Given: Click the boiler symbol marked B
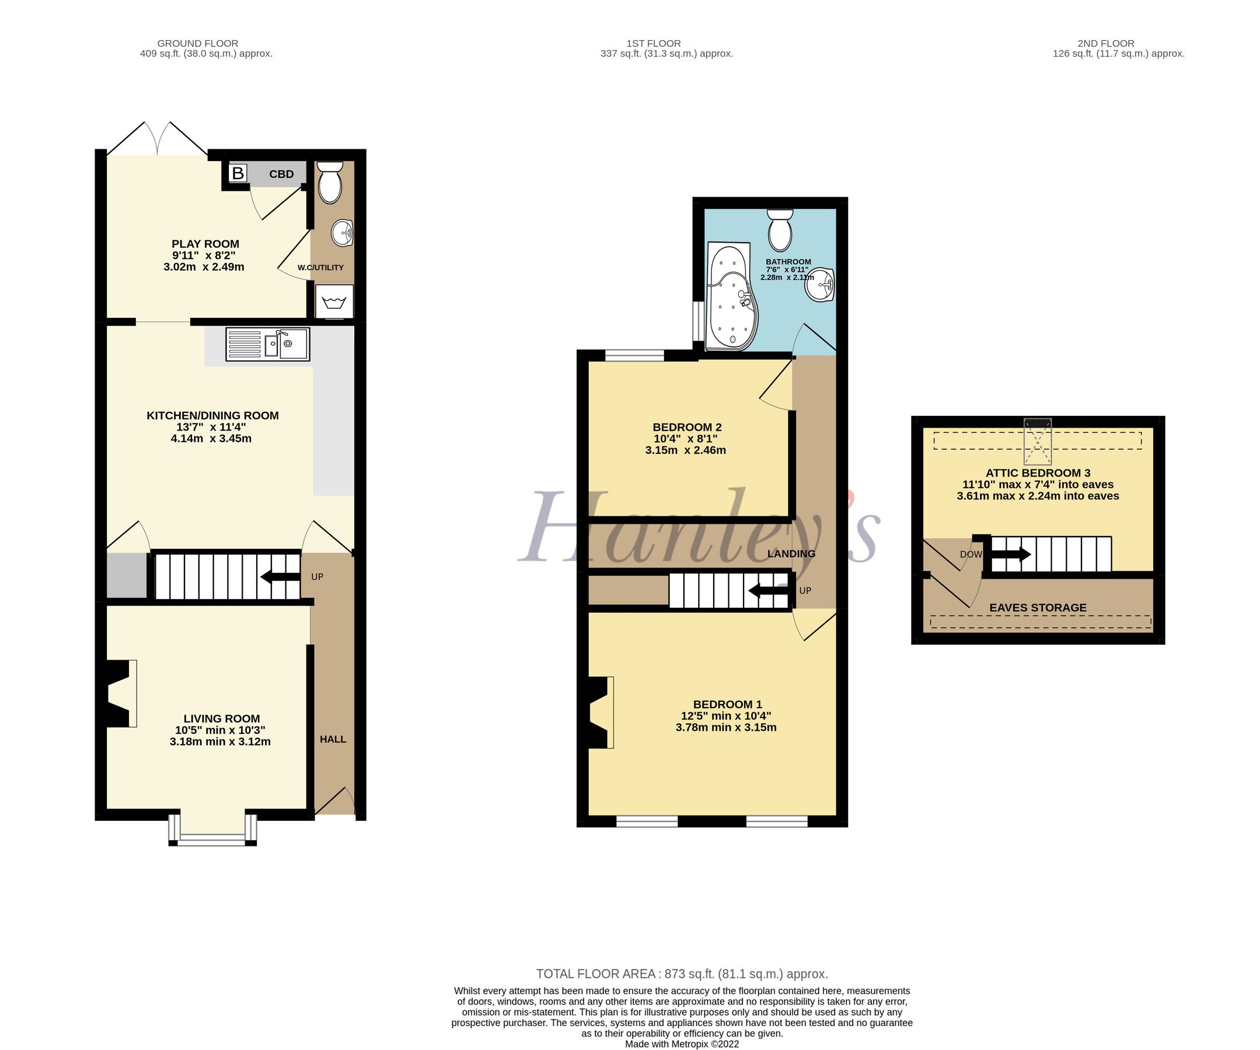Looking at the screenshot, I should tap(238, 173).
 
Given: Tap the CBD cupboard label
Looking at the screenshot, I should tap(281, 174).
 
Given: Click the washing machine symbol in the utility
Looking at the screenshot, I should tap(334, 301).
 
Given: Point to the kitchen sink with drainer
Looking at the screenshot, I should tap(268, 344).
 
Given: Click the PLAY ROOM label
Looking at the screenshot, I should tap(205, 243).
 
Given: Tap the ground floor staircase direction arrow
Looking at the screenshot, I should tap(280, 577).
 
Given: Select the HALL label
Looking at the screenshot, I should tap(333, 738).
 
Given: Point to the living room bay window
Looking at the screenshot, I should tap(212, 831).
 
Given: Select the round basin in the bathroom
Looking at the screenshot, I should tap(819, 285).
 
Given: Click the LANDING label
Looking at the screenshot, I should tap(791, 554).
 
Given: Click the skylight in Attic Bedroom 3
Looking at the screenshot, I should tap(1038, 442).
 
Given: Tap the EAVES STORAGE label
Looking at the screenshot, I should tap(1038, 607).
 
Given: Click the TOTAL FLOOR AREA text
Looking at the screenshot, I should tap(682, 974).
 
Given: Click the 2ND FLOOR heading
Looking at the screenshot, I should tap(1105, 43).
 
